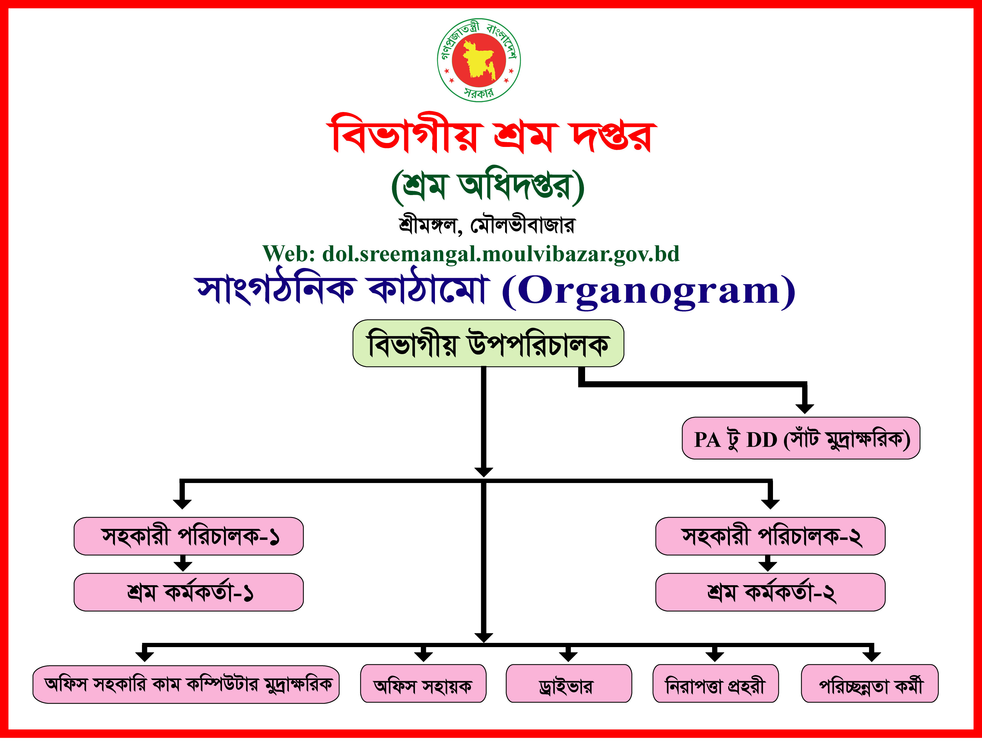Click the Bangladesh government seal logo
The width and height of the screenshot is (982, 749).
[x=479, y=60]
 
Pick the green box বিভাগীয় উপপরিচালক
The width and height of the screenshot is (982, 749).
[x=488, y=343]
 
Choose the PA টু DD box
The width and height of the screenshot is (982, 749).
[x=801, y=438]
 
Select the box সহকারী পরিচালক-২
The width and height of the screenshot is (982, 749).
[x=770, y=536]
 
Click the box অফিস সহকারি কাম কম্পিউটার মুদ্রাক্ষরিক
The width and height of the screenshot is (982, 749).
[x=186, y=684]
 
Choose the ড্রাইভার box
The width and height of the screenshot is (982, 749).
[x=569, y=683]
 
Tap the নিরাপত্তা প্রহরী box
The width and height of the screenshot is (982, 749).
[x=716, y=683]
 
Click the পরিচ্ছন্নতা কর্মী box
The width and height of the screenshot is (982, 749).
[x=870, y=683]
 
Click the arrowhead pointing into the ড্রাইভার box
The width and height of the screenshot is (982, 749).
[x=568, y=656]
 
